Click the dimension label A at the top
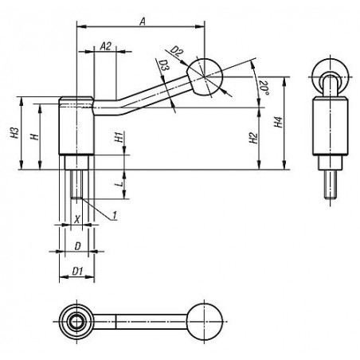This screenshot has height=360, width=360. point(143,22)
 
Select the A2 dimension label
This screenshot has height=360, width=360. point(106,46)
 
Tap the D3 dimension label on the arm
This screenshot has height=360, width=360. point(164,66)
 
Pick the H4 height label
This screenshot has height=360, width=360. point(278,122)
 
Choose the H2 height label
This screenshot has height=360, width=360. point(254,138)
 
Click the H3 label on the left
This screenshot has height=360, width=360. point(15,133)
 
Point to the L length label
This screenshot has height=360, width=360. point(120,183)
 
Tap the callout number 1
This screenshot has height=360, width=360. point(115,215)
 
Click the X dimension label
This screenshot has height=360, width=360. point(77,219)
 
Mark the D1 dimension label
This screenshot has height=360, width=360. point(77,271)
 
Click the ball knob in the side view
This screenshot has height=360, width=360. point(205,77)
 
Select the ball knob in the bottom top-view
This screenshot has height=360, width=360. point(204,322)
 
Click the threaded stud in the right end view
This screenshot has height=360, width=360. point(331,184)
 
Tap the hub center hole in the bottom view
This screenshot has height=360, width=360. point(76,322)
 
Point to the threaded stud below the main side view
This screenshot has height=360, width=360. point(76,184)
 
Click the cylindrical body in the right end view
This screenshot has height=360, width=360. point(331,127)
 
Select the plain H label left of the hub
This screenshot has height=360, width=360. point(35,137)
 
